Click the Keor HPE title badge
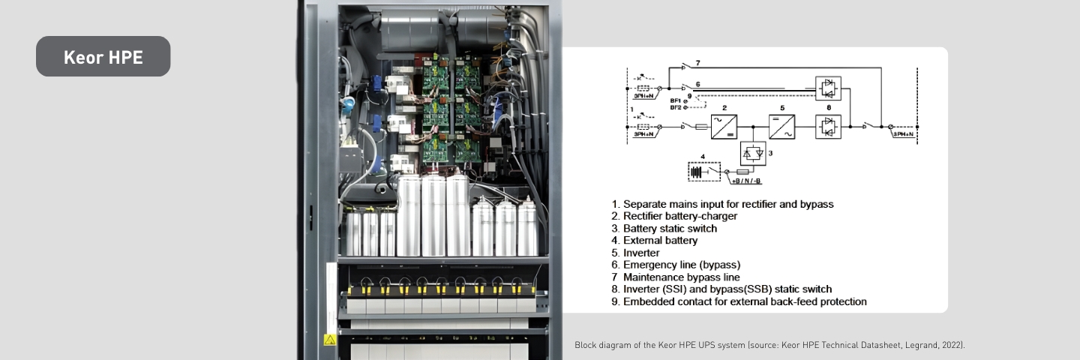[x=103, y=57]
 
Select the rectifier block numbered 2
[x=724, y=126]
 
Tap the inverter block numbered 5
[x=781, y=126]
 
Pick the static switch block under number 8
[x=828, y=126]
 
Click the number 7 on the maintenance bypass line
[x=697, y=64]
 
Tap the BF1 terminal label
[x=675, y=100]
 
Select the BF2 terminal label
[x=675, y=108]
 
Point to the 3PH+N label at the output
[x=902, y=134]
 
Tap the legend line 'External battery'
[x=660, y=241]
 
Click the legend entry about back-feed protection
[x=739, y=301]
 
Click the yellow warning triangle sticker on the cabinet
[x=329, y=340]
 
